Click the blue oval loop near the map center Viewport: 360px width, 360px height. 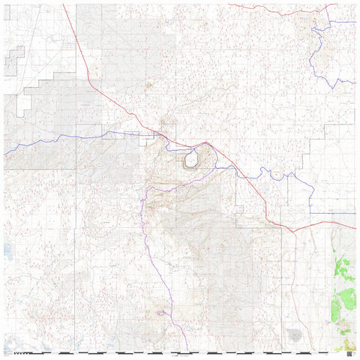tap(191, 158)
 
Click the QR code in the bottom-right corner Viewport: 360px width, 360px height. tap(349, 349)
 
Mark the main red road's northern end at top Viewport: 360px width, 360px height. tap(63, 4)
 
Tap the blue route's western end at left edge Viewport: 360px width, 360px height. tap(4, 153)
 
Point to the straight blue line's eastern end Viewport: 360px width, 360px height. tap(355, 213)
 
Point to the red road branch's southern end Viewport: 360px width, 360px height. tap(297, 349)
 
